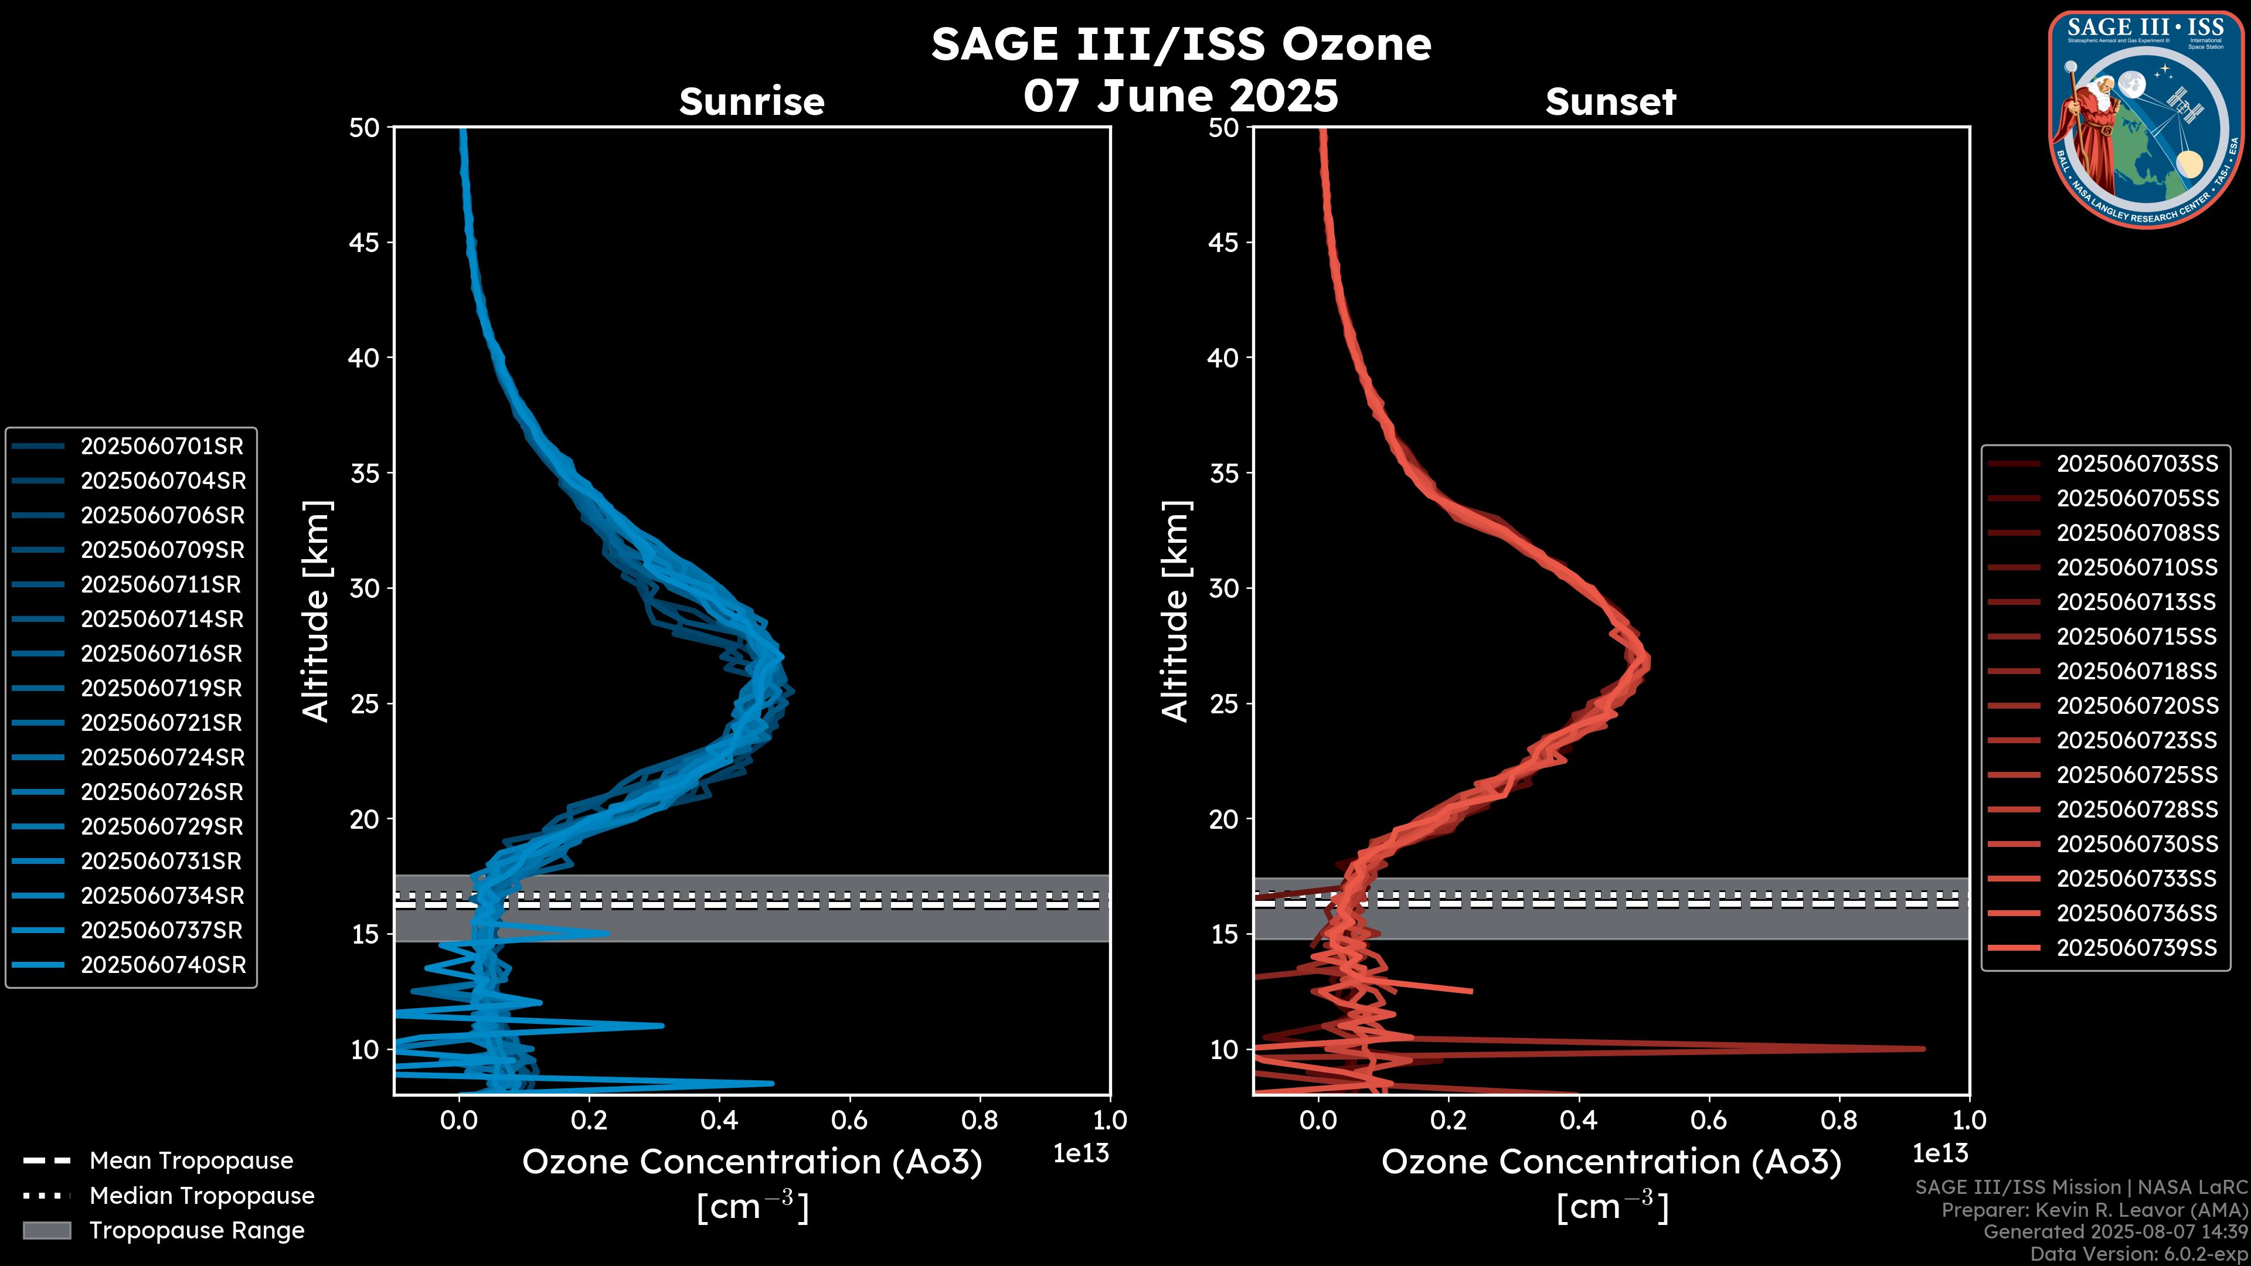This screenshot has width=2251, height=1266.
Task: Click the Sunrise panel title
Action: (752, 101)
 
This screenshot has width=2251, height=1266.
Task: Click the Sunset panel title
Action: (1610, 101)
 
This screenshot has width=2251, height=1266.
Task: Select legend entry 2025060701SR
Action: (162, 447)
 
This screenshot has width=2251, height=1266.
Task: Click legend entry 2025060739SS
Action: (2137, 948)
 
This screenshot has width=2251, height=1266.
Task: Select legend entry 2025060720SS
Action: (2137, 706)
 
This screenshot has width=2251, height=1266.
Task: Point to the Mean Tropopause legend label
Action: (191, 1161)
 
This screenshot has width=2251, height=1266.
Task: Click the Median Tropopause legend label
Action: (202, 1196)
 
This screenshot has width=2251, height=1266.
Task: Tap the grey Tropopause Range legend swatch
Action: (46, 1230)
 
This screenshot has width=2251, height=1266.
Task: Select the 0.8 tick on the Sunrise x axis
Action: (980, 1120)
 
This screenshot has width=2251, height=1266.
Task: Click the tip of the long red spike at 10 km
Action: (1923, 1049)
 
